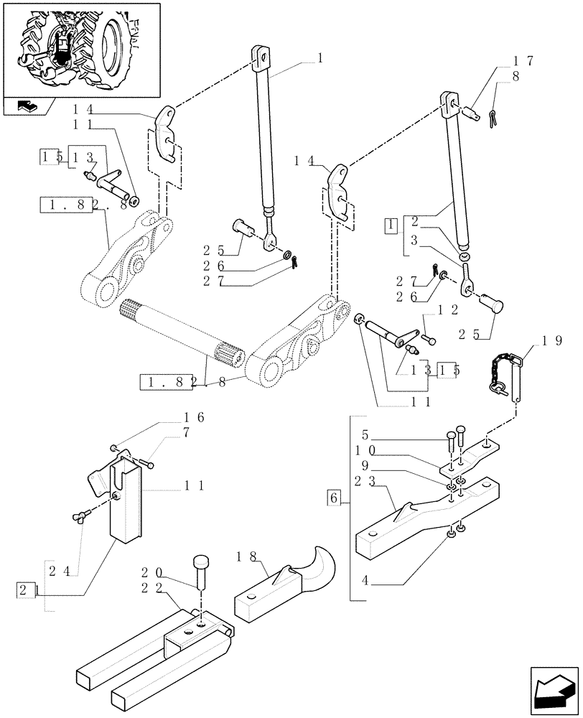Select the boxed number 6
[333, 497]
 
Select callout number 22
[151, 588]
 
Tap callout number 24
[59, 572]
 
